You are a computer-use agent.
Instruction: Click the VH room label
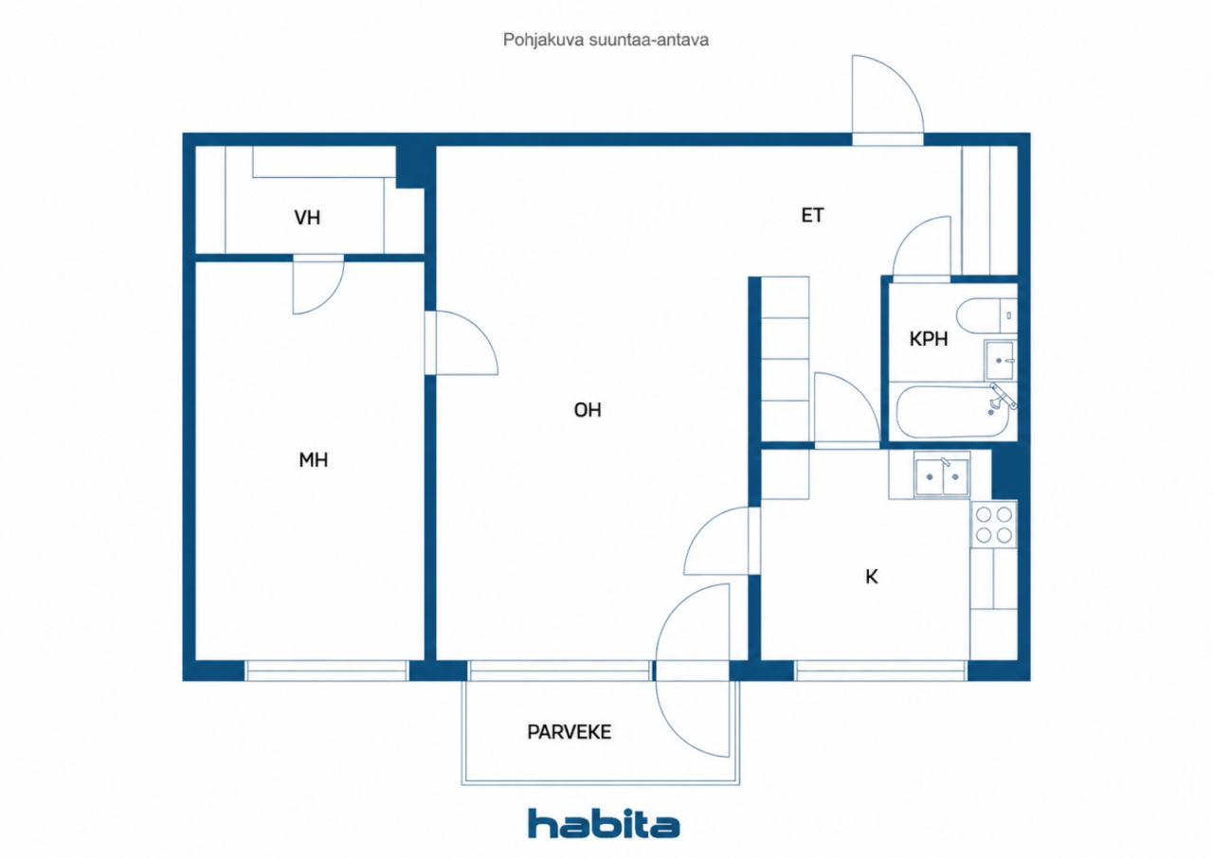[x=307, y=218]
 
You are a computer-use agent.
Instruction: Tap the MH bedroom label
[x=313, y=460]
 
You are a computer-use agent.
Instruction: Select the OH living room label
[x=588, y=410]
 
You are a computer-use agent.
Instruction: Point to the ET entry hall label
[x=812, y=215]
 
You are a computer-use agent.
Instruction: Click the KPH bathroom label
[x=928, y=339]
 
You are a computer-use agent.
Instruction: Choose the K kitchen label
[x=871, y=577]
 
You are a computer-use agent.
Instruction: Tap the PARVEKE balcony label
[x=570, y=732]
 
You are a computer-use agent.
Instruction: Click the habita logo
[x=604, y=823]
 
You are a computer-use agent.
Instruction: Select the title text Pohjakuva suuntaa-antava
[x=606, y=40]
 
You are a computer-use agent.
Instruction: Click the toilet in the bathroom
[x=987, y=315]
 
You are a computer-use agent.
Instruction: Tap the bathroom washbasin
[x=1000, y=360]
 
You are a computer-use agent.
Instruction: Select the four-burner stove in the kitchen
[x=994, y=525]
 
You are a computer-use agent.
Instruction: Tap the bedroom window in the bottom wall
[x=327, y=670]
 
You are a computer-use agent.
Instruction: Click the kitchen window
[x=880, y=670]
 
